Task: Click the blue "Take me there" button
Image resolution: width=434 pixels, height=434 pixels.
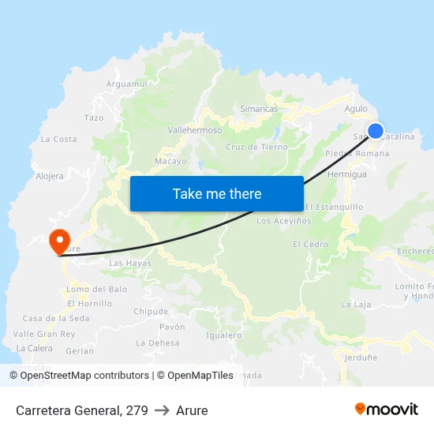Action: [x=217, y=193]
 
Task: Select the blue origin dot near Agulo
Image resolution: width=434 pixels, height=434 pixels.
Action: [x=376, y=131]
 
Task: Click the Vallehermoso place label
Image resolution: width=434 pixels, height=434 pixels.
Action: [x=196, y=130]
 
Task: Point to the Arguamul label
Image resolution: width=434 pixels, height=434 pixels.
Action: [x=126, y=84]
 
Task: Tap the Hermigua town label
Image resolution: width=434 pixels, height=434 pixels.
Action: [x=346, y=174]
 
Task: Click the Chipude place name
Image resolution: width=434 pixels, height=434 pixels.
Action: [x=151, y=312]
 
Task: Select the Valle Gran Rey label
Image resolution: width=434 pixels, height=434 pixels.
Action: [x=45, y=334]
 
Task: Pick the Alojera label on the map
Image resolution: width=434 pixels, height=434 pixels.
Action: [x=50, y=176]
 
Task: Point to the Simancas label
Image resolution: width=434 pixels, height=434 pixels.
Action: [x=259, y=108]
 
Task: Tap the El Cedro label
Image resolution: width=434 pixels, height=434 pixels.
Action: [x=310, y=245]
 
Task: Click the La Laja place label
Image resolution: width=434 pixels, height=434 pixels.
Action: [x=356, y=304]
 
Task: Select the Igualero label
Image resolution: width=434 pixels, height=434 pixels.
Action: [x=223, y=335]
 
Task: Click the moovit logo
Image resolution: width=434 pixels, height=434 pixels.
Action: [x=387, y=409]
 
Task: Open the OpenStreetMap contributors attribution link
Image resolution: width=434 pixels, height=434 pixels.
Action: [x=84, y=376]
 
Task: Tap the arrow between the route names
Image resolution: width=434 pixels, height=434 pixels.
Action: [x=161, y=410]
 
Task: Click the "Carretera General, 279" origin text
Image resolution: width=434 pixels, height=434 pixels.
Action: [x=81, y=410]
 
